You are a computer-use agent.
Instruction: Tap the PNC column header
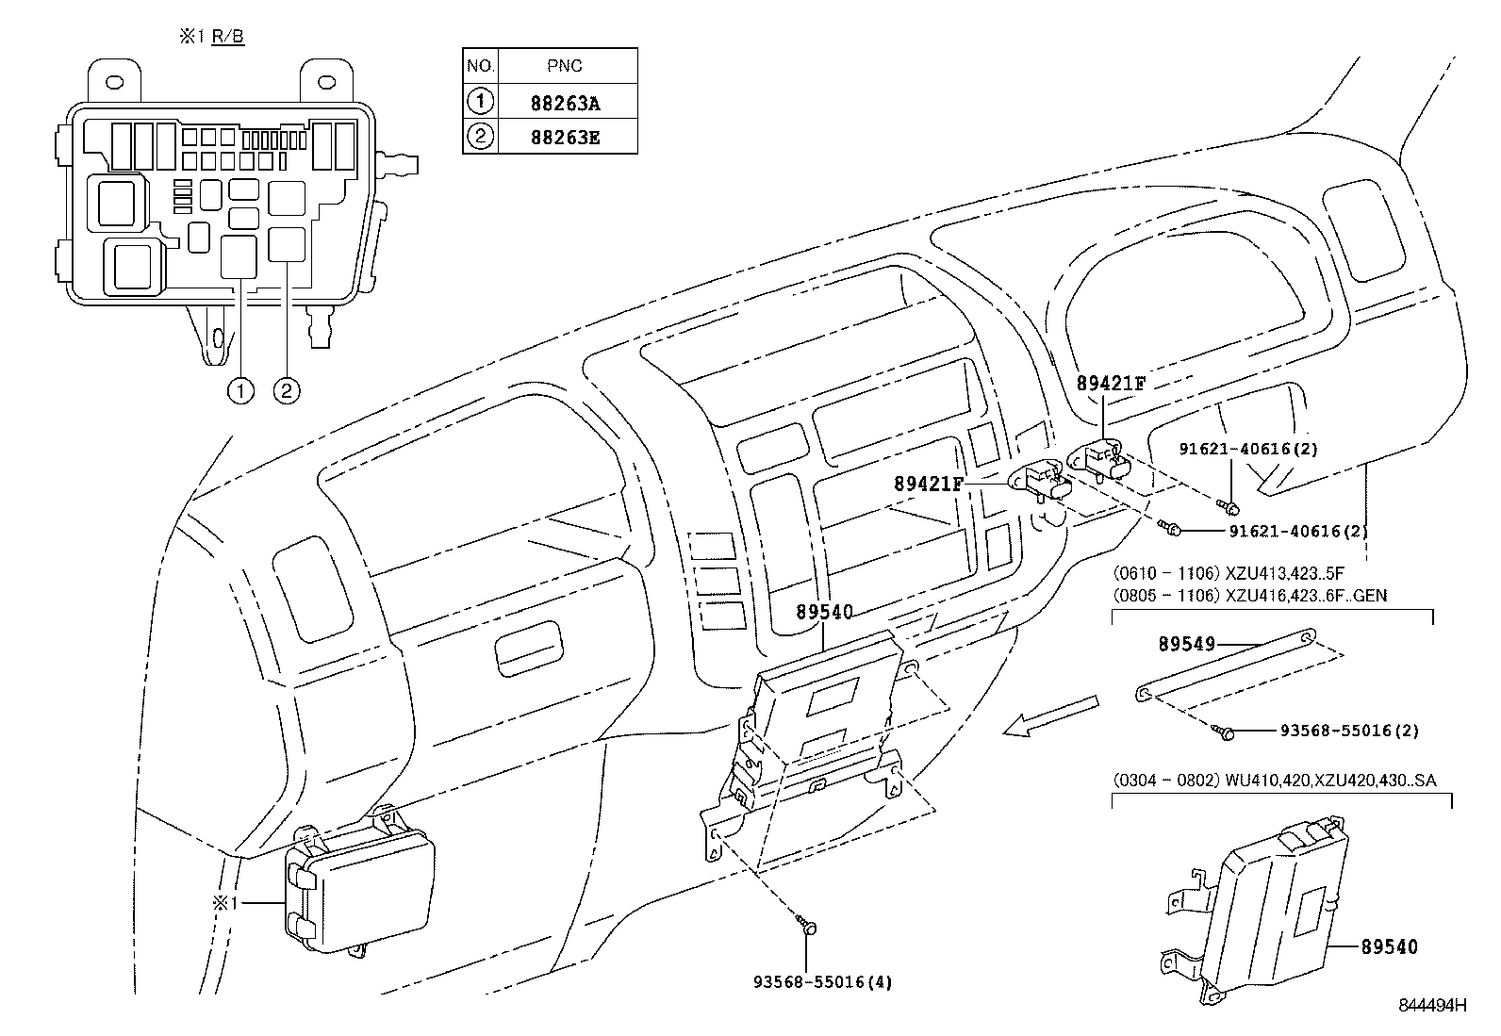click(566, 66)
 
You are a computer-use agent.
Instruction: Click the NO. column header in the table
click(480, 66)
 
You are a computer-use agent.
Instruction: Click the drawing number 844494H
click(1433, 1005)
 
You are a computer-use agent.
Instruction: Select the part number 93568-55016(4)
click(821, 981)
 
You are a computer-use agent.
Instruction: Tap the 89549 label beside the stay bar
click(1186, 644)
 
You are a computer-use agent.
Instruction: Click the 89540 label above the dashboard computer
click(824, 612)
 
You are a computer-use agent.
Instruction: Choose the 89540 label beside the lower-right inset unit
click(1389, 946)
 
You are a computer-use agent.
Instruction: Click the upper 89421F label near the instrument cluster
click(1111, 383)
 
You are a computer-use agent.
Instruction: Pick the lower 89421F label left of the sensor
click(929, 484)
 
